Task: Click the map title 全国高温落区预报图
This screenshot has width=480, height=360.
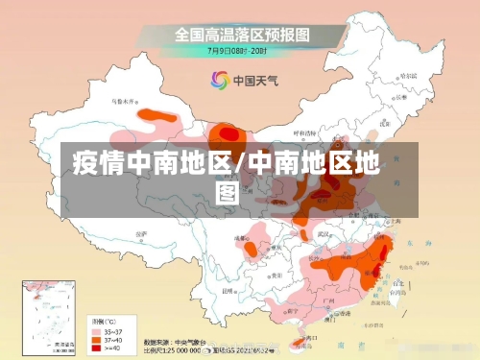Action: point(241,34)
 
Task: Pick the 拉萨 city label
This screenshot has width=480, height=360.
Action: point(140,232)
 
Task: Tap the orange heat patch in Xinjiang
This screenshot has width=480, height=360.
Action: point(158,120)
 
